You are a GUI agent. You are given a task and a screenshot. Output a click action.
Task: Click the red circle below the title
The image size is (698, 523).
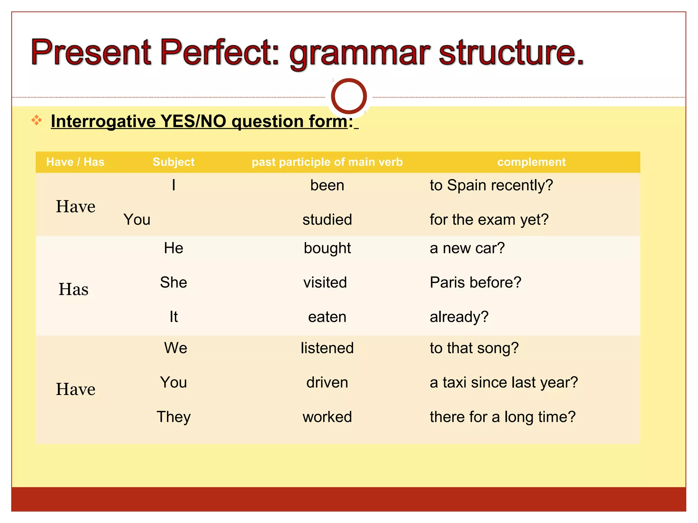pyautogui.click(x=349, y=96)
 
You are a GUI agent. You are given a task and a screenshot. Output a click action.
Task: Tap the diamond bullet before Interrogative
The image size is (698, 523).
pyautogui.click(x=36, y=120)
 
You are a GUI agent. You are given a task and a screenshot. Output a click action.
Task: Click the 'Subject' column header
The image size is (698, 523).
pyautogui.click(x=173, y=162)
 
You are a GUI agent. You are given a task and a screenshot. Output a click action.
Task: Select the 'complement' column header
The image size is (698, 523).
pyautogui.click(x=531, y=162)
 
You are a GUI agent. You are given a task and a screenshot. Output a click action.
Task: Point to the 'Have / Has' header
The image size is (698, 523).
pyautogui.click(x=75, y=162)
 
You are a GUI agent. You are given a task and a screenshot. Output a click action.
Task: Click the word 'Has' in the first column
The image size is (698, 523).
pyautogui.click(x=74, y=289)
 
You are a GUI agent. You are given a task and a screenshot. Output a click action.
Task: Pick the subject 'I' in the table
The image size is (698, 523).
pyautogui.click(x=174, y=186)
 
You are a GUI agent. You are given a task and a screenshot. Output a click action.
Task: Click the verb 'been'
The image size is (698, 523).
pyautogui.click(x=327, y=186)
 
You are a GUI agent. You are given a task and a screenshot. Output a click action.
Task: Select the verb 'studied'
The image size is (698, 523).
pyautogui.click(x=327, y=220)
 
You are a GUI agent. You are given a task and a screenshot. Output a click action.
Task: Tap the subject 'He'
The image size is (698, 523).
pyautogui.click(x=173, y=248)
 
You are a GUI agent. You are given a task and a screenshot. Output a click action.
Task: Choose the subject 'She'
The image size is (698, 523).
pyautogui.click(x=173, y=283)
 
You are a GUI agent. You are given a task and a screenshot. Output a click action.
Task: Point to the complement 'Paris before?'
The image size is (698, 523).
pyautogui.click(x=475, y=283)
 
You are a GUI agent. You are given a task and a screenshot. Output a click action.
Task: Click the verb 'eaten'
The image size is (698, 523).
pyautogui.click(x=327, y=317)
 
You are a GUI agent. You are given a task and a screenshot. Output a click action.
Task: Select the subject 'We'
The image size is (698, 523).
pyautogui.click(x=176, y=348)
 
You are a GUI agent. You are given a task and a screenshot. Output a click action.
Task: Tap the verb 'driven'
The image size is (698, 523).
pyautogui.click(x=327, y=383)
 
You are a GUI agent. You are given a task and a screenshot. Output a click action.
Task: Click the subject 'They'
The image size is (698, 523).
pyautogui.click(x=173, y=417)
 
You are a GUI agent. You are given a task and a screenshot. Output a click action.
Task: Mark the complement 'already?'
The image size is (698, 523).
pyautogui.click(x=459, y=317)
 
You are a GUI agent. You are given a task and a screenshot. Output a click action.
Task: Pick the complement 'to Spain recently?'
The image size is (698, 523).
pyautogui.click(x=491, y=186)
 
